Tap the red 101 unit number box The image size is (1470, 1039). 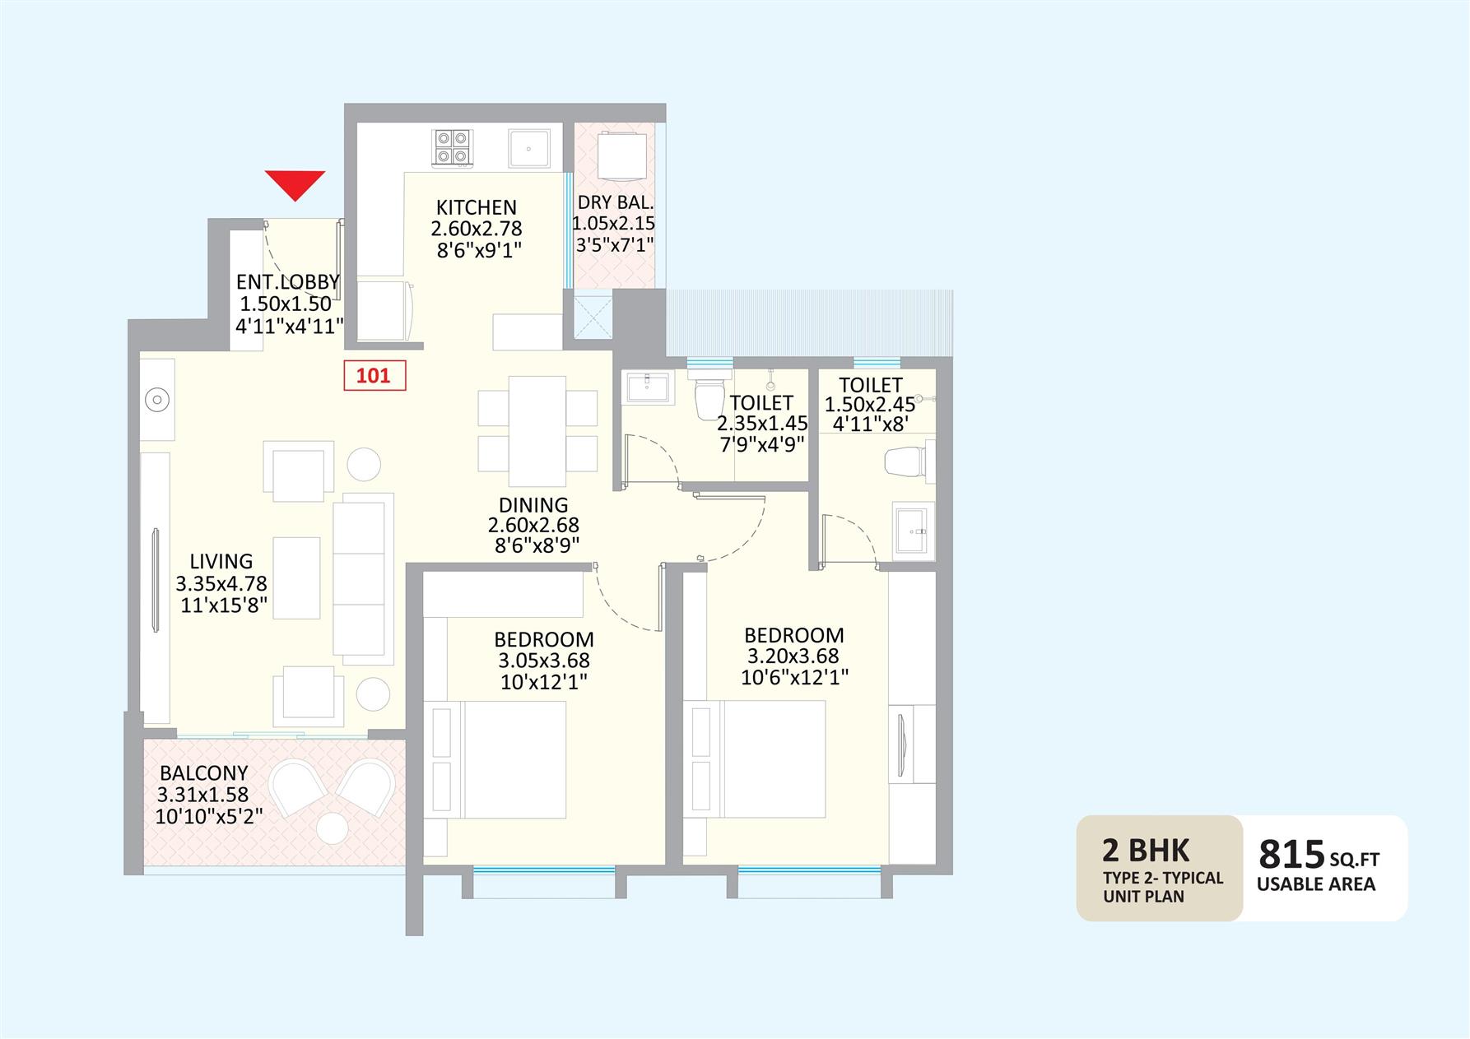click(x=374, y=376)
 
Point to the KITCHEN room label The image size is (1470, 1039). click(x=477, y=207)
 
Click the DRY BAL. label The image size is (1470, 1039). click(x=616, y=202)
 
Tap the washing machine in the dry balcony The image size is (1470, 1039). click(x=621, y=155)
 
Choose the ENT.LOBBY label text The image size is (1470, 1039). click(x=287, y=282)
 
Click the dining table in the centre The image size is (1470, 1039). click(x=537, y=431)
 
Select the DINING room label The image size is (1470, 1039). click(x=533, y=505)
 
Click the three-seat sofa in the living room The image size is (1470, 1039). click(x=363, y=579)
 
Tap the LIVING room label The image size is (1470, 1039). click(x=221, y=562)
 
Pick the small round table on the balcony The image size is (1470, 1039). click(x=333, y=828)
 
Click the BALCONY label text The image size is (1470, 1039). click(x=204, y=773)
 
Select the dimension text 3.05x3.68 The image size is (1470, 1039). click(x=544, y=661)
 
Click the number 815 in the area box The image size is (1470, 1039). click(x=1291, y=855)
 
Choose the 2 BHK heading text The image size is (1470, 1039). click(x=1147, y=851)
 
